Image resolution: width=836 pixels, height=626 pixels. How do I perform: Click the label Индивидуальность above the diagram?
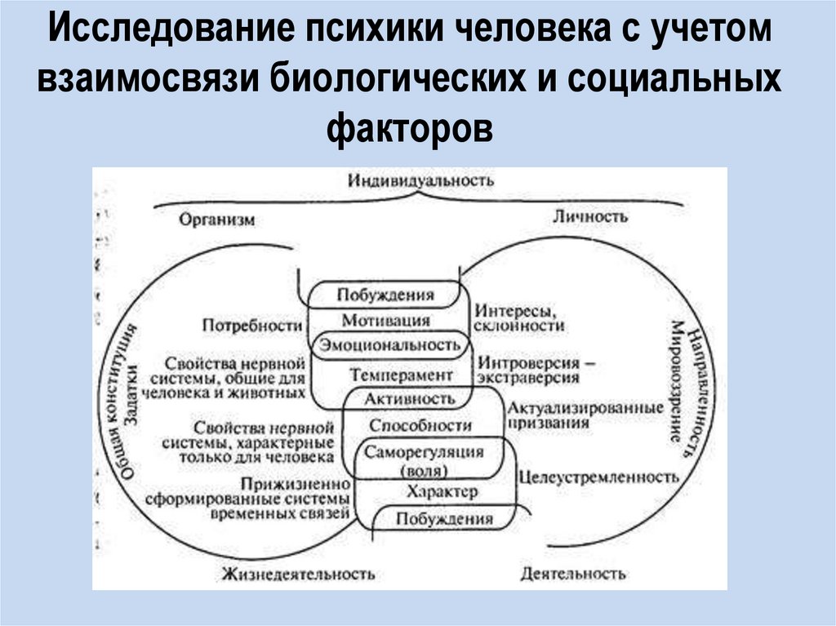(420, 180)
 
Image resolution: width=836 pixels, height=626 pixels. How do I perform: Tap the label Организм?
(217, 220)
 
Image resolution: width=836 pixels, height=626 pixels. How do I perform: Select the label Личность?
(590, 216)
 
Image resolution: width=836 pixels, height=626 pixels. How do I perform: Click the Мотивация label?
(385, 320)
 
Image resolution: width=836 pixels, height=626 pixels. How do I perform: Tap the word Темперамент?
(401, 375)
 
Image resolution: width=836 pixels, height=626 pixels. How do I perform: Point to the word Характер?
(442, 492)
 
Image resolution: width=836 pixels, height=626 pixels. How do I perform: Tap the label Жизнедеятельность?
(297, 574)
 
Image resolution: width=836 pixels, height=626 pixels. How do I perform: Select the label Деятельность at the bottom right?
(573, 574)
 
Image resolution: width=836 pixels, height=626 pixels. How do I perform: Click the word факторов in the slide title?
(411, 127)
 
